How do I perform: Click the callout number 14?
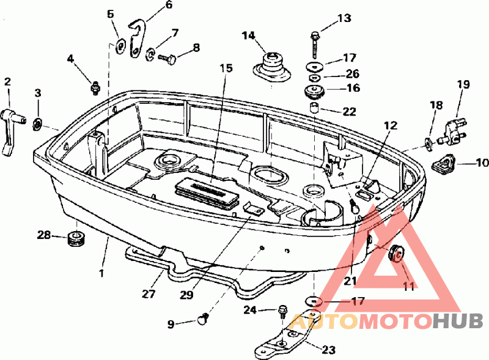click(249, 36)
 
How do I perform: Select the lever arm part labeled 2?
click(12, 130)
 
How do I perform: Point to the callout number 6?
click(169, 5)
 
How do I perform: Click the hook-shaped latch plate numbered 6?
click(137, 39)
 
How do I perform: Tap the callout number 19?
click(464, 84)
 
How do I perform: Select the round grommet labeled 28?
click(76, 238)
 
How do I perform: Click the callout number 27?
click(149, 293)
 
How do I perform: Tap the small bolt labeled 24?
click(282, 311)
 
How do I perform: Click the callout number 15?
click(226, 68)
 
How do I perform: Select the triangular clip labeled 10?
click(444, 163)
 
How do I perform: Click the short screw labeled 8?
click(167, 58)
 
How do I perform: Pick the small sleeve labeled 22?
click(314, 108)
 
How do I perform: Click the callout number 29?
click(186, 295)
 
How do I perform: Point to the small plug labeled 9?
click(203, 319)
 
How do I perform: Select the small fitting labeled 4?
click(95, 87)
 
